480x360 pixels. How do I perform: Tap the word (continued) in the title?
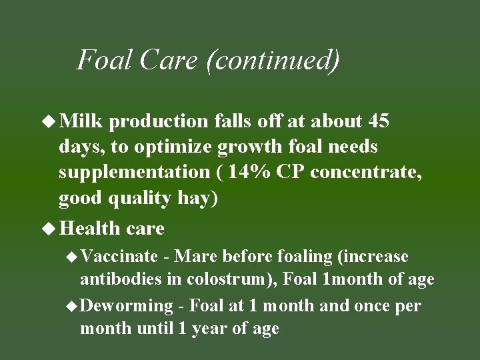(273, 60)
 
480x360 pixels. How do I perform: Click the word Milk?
(80, 121)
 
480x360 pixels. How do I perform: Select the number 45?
(378, 121)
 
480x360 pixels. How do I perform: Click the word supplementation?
(134, 173)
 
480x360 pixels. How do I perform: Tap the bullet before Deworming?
(73, 307)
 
